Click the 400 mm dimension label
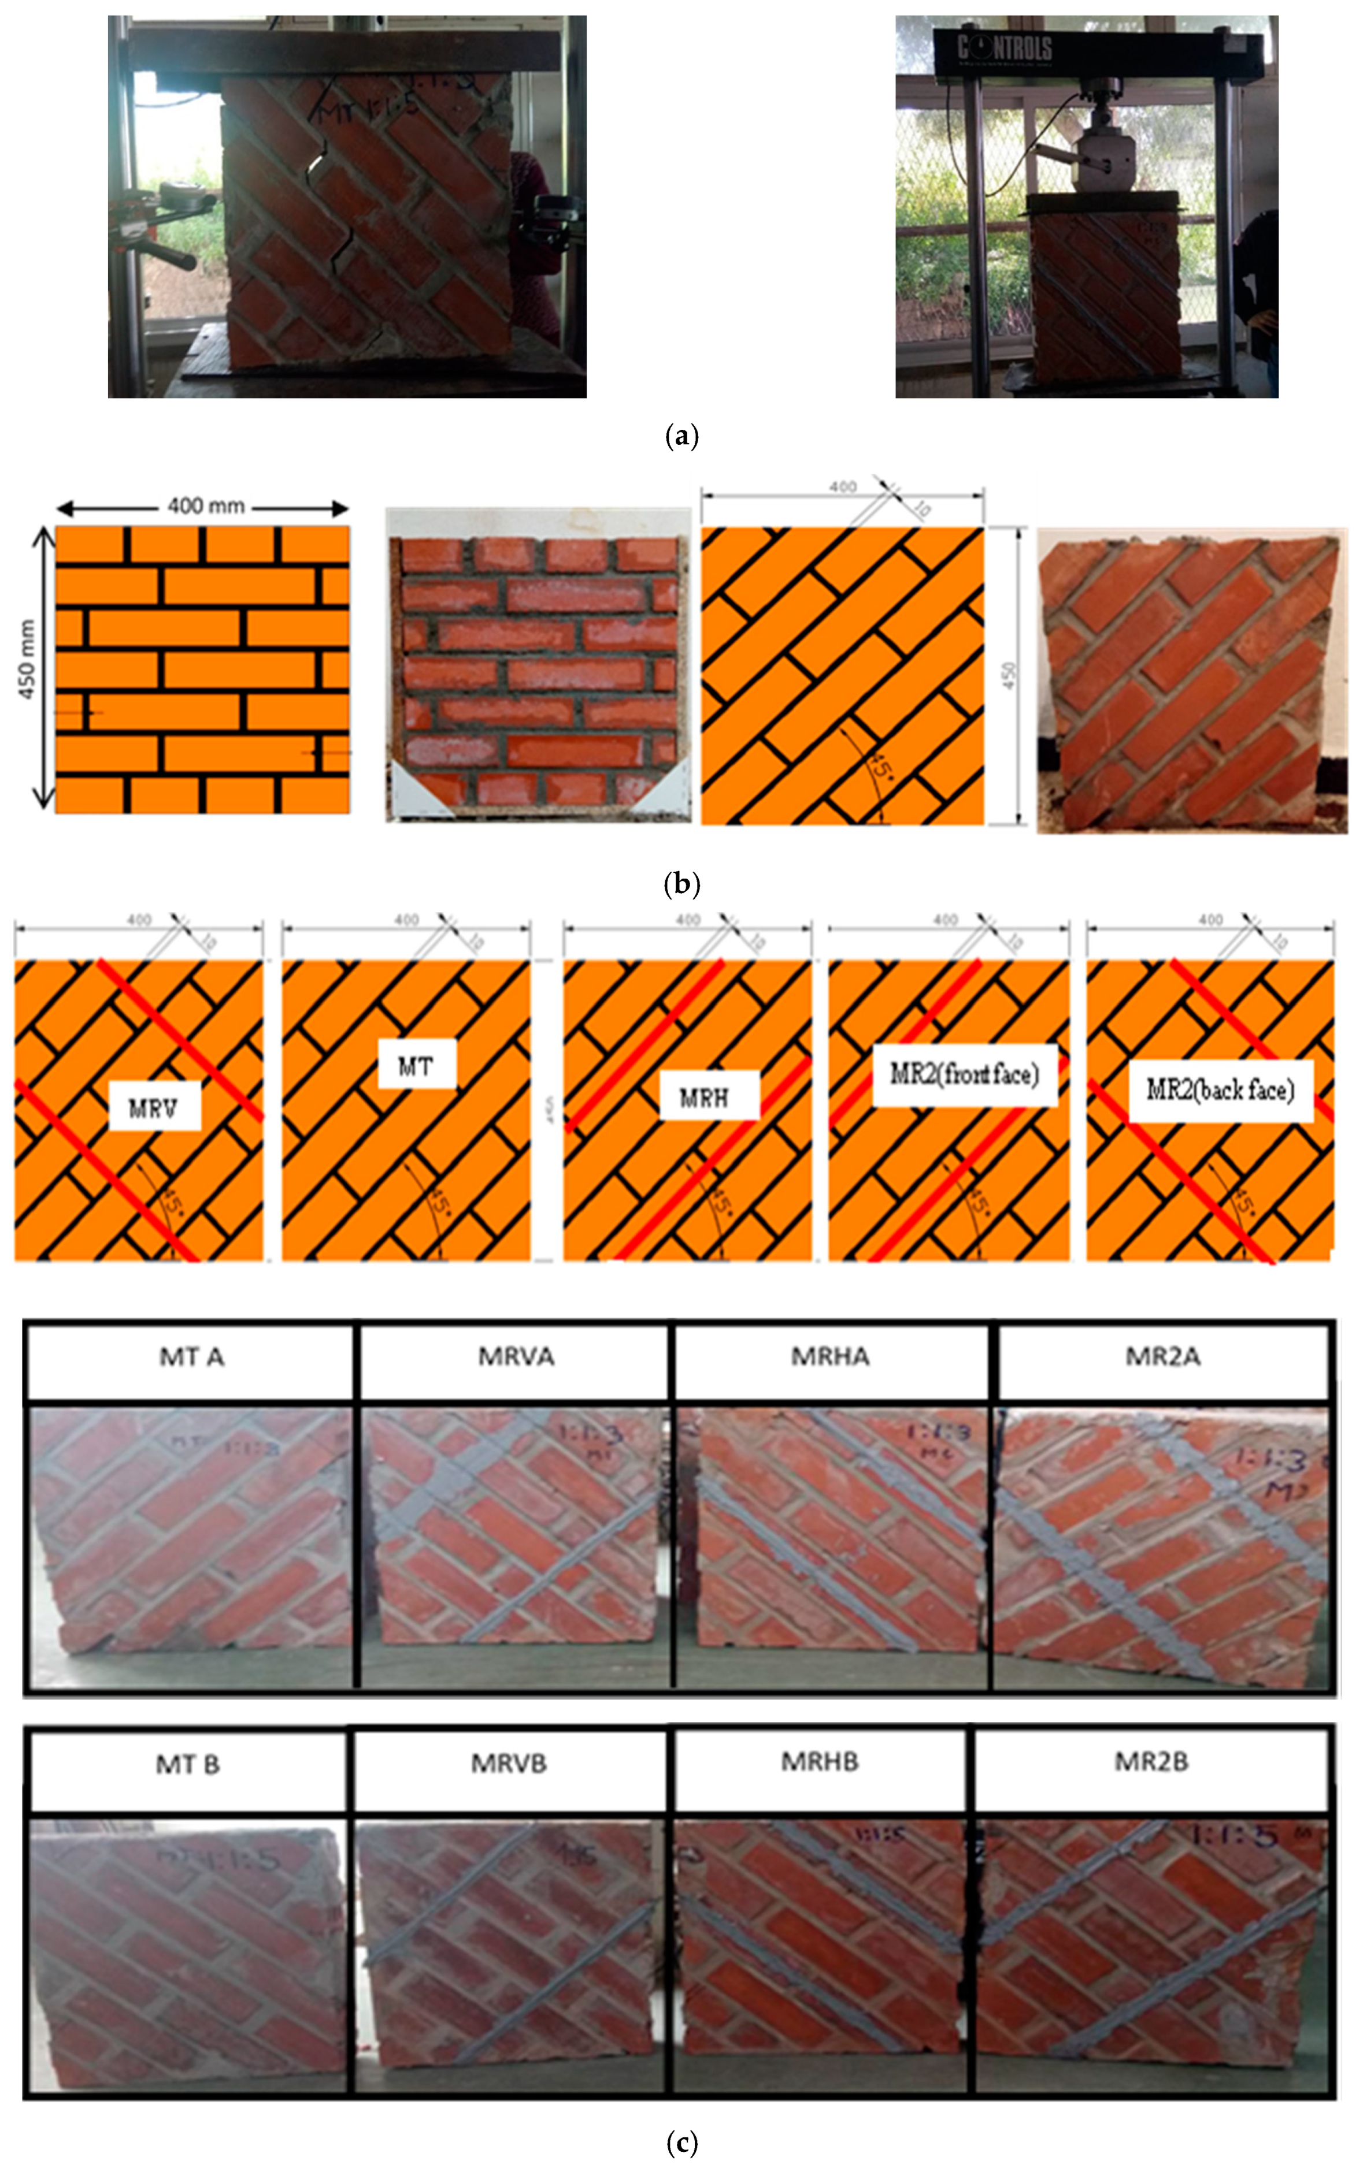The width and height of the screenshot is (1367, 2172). tap(206, 506)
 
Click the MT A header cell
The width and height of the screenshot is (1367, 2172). tap(190, 1356)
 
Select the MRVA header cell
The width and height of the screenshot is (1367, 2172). tap(515, 1356)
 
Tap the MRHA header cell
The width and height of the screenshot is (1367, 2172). tap(830, 1356)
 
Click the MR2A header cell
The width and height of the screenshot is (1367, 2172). tap(1163, 1356)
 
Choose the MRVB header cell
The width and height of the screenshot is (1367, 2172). tap(509, 1764)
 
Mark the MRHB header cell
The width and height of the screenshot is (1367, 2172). tap(819, 1762)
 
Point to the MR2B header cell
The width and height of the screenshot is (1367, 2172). tap(1151, 1762)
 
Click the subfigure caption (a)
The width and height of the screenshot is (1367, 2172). tap(681, 437)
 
